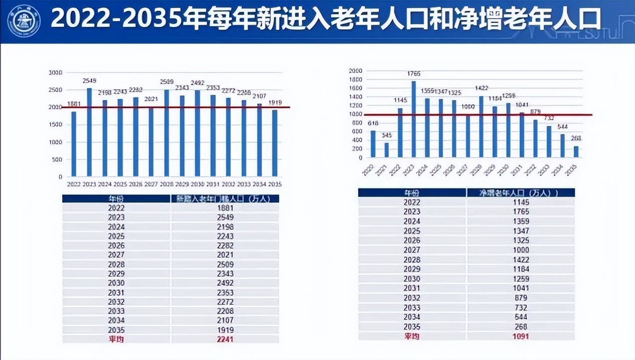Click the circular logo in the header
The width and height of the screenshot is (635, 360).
coord(24,21)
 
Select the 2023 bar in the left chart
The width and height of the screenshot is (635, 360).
coord(89,132)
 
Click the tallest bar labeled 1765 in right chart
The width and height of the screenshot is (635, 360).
coord(413,119)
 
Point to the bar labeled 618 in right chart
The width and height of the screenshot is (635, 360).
coord(373,144)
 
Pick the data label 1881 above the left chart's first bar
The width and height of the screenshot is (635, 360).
coord(74,104)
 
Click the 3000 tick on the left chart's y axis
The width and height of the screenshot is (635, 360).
coord(56,73)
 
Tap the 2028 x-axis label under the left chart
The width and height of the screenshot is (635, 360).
coord(167,185)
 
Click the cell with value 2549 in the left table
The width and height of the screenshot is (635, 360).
coord(225,218)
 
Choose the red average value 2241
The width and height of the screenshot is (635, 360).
coord(225,339)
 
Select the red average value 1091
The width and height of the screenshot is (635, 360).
coord(521,336)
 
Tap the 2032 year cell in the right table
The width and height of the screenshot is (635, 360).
coord(412,298)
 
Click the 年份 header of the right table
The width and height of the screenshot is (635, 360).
coord(412,193)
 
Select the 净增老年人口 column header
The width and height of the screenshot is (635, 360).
coord(521,193)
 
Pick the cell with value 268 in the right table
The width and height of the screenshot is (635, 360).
coord(521,327)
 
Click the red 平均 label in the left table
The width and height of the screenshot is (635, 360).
coord(116,339)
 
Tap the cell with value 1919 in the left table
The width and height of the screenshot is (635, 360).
coord(225,330)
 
